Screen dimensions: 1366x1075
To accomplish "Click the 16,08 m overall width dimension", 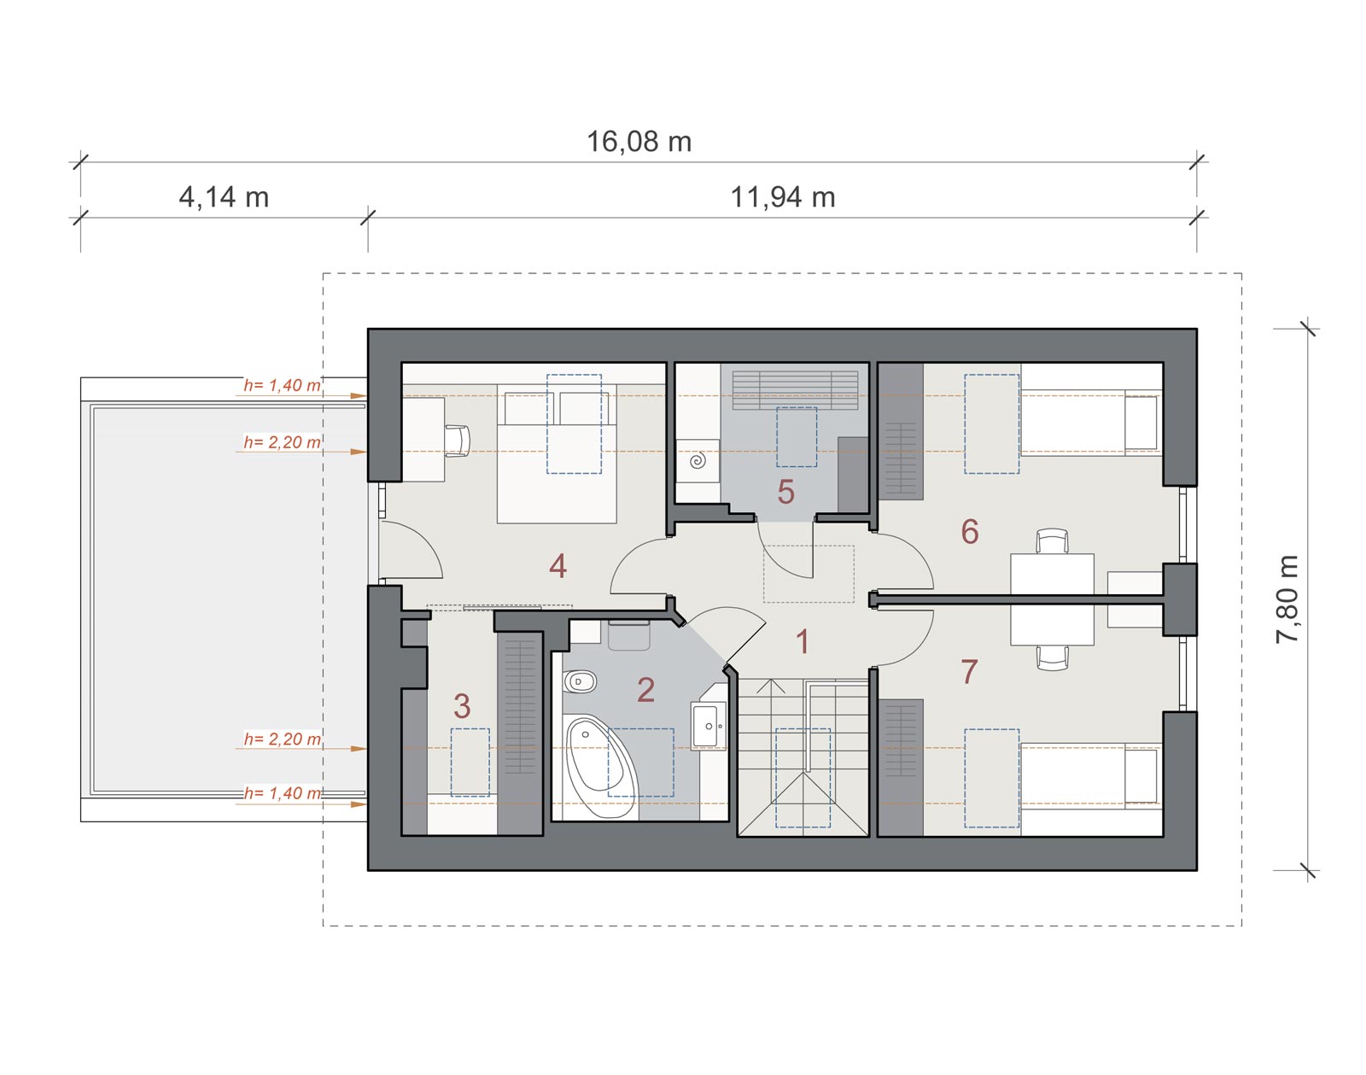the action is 639,142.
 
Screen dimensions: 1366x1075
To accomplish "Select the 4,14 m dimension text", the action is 224,197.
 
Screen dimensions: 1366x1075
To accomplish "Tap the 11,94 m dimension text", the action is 783,197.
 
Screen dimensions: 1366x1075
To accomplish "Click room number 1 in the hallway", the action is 803,642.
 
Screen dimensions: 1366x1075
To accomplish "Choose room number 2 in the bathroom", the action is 645,690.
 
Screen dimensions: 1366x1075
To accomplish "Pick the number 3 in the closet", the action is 462,706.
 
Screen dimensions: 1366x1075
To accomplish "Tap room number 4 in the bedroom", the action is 558,566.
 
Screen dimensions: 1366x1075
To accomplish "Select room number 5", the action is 785,492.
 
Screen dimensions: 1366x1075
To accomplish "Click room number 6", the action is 970,531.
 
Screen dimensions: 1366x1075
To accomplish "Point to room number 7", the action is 969,672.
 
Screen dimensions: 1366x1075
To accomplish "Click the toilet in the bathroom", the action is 579,682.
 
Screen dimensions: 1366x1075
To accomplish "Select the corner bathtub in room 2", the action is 601,767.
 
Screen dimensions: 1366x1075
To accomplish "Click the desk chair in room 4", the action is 458,441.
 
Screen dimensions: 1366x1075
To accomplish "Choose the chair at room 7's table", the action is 1052,657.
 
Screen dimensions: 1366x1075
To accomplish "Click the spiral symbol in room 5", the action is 698,459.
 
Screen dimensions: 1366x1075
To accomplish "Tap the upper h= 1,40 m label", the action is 283,385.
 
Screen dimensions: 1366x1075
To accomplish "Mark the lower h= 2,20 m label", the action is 283,739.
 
